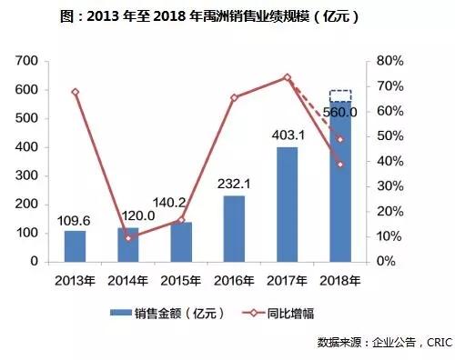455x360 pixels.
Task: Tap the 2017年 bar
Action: tap(287, 204)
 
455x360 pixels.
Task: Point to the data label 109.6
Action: tap(76, 219)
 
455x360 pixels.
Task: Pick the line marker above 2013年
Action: tap(75, 92)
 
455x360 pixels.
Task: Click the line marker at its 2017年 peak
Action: tap(287, 77)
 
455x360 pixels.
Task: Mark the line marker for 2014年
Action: tap(128, 238)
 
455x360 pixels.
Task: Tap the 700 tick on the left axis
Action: tap(28, 61)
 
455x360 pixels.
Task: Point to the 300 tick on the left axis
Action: tap(28, 175)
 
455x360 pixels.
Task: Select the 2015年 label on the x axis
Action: tap(180, 277)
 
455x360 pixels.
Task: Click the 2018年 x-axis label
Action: tap(339, 277)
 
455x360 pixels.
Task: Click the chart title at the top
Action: tap(227, 16)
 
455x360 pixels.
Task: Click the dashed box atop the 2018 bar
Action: tap(339, 95)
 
